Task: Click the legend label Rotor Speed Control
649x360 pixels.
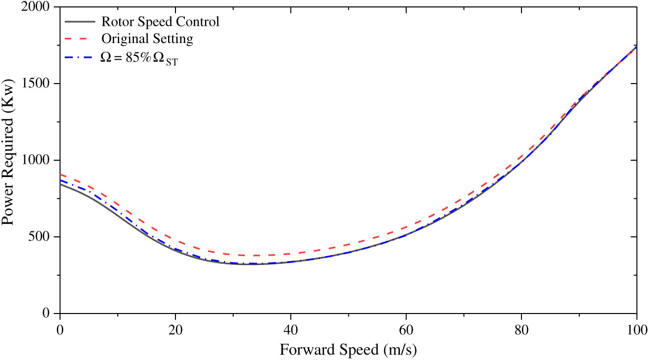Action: pyautogui.click(x=160, y=22)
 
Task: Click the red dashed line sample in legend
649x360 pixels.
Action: pyautogui.click(x=80, y=40)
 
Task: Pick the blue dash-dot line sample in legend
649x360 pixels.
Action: pyautogui.click(x=80, y=57)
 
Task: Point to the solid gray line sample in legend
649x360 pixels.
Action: pyautogui.click(x=80, y=22)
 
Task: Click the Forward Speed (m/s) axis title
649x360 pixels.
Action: pyautogui.click(x=348, y=350)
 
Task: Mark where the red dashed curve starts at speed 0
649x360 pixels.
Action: pyautogui.click(x=61, y=175)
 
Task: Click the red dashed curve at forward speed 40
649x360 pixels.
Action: pyautogui.click(x=291, y=254)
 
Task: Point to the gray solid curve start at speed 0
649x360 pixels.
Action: pyautogui.click(x=61, y=184)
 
